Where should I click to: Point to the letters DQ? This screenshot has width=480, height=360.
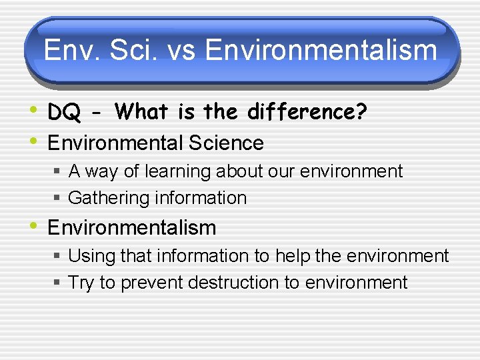pyautogui.click(x=63, y=113)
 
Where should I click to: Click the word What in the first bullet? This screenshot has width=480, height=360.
pyautogui.click(x=142, y=112)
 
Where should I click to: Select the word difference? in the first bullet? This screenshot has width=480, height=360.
pyautogui.click(x=307, y=112)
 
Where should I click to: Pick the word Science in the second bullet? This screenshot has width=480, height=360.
pyautogui.click(x=227, y=143)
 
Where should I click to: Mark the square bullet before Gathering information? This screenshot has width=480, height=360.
pyautogui.click(x=58, y=199)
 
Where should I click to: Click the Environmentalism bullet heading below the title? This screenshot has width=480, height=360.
pyautogui.click(x=131, y=227)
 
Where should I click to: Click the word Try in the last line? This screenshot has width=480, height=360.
pyautogui.click(x=81, y=283)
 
